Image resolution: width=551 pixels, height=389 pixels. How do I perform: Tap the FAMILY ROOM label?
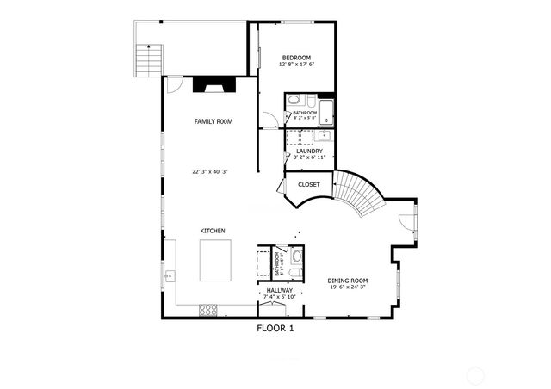214,122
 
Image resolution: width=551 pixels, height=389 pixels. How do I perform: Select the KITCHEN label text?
213,231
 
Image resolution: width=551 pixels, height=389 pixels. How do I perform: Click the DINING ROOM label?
347,281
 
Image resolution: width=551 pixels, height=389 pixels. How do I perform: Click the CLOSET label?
308,184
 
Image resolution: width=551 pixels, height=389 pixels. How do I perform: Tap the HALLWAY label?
279,291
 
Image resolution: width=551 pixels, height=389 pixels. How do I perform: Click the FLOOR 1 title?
275,328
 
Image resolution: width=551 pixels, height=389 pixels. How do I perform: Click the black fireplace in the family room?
212,85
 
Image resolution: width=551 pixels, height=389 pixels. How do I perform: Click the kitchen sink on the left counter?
170,276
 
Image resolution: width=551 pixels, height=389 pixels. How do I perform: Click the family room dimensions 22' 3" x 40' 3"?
209,172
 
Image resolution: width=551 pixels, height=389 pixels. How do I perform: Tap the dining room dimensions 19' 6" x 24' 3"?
347,287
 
